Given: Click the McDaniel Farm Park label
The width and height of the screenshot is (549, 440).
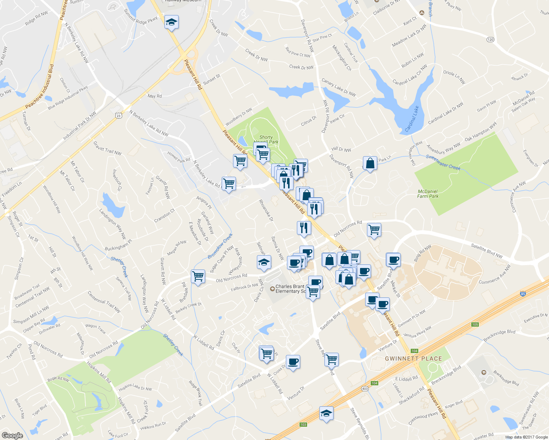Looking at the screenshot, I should pos(428,194).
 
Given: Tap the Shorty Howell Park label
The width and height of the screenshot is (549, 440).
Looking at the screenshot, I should pos(266,139).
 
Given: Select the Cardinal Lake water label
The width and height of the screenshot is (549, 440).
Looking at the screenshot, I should pos(412,119).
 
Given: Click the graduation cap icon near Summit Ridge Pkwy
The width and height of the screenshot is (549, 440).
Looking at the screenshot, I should pos(171,23).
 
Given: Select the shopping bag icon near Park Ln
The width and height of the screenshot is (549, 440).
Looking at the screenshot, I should pos(370,164).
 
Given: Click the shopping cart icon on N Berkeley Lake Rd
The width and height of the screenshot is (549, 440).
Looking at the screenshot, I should pos(229,184).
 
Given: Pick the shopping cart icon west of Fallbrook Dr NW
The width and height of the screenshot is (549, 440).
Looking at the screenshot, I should pos(198,276).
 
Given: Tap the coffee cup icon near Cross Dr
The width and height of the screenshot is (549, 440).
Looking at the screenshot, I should pos(293,362).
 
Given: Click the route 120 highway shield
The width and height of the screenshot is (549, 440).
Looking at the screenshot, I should pos(490,39).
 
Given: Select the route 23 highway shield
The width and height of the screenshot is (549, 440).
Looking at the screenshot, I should pos(118,115).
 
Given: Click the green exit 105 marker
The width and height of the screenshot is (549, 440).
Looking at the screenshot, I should pos(475,324).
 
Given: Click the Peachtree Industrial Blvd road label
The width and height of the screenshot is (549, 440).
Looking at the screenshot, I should pos(39,87).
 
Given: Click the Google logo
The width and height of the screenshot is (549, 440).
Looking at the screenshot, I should pos(12,435).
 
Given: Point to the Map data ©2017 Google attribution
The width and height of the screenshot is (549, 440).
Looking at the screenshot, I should pos(526,437).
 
